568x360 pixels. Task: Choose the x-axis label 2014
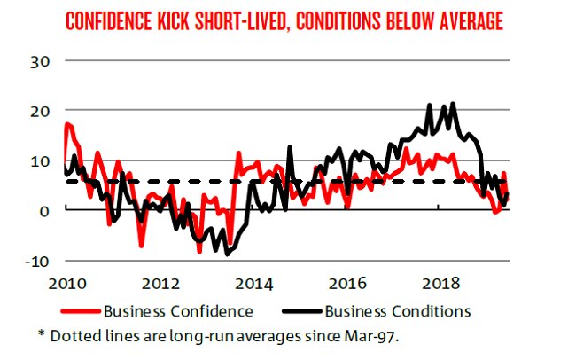point(254,284)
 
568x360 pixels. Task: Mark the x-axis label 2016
point(348,284)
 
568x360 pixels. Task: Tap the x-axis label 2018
point(442,284)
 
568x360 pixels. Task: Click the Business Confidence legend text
point(178,311)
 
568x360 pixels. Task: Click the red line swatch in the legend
point(81,312)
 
